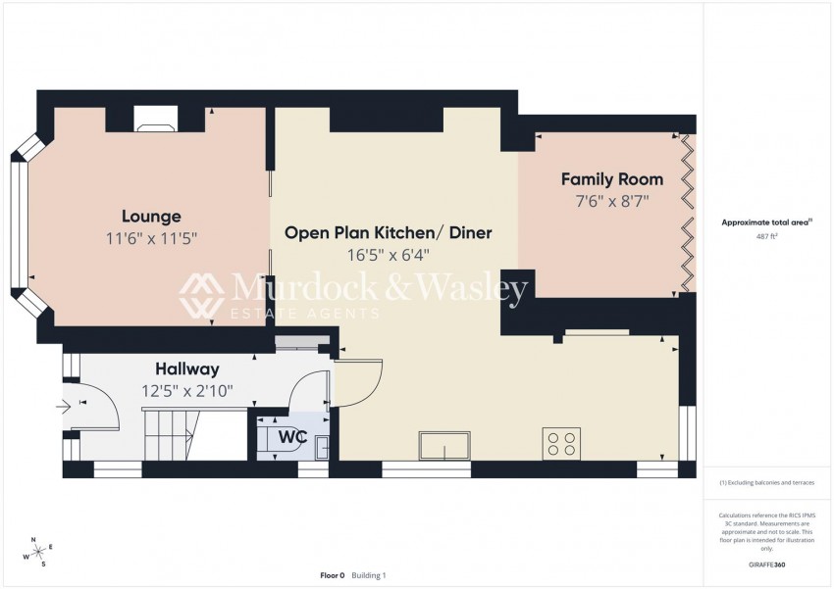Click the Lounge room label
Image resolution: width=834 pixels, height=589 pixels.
pos(151,216)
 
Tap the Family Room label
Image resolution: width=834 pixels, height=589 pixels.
pos(611,179)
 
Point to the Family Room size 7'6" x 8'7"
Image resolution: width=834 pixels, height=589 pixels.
pos(611,201)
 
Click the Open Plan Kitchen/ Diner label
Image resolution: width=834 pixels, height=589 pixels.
pos(388,233)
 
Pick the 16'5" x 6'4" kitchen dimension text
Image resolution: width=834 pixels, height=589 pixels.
pos(388,256)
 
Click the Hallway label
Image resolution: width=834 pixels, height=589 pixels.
pos(186,369)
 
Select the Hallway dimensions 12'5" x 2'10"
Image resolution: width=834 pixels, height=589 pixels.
pos(186,391)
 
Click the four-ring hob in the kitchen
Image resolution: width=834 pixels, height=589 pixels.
pos(562,443)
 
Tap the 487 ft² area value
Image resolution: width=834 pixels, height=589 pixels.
pos(766,237)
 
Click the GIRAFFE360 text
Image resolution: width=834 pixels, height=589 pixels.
pos(766,565)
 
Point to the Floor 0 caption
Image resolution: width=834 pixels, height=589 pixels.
pos(332,575)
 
